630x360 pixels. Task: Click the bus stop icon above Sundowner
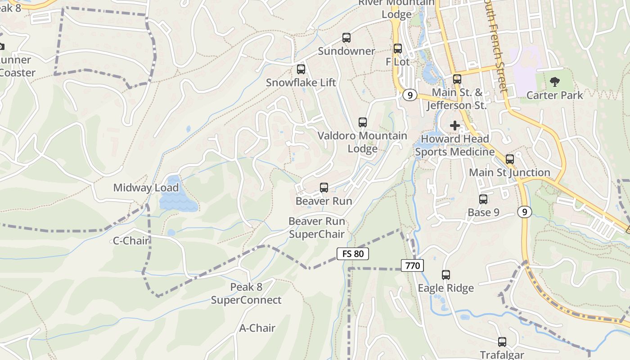[346, 38]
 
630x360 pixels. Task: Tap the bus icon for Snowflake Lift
[301, 69]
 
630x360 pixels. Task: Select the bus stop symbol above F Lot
[398, 49]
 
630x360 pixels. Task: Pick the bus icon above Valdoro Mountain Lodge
[363, 122]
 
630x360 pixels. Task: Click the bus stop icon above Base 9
[483, 199]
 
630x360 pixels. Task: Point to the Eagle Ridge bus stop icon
[446, 274]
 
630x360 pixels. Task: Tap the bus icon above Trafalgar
[502, 342]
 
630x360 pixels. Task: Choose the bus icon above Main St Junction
[510, 159]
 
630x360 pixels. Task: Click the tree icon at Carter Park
[555, 82]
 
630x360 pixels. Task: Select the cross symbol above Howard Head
[455, 126]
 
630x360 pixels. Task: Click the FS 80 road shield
[353, 254]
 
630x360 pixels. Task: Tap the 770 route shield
[412, 265]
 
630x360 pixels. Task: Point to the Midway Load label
[146, 188]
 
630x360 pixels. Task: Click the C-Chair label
[131, 241]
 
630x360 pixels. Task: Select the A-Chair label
[257, 328]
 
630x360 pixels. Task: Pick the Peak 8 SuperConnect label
[246, 293]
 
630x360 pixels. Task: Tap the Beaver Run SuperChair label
[316, 228]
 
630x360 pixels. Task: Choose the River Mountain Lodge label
[396, 9]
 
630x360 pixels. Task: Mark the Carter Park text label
[554, 95]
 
